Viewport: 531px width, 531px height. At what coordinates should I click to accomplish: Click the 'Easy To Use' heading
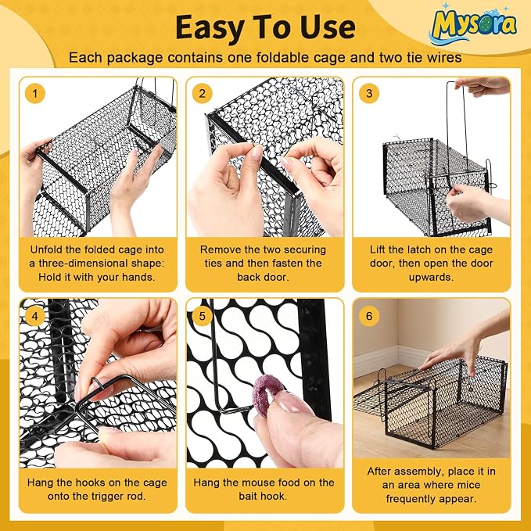(266, 27)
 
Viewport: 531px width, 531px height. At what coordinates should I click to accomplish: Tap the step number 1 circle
(35, 93)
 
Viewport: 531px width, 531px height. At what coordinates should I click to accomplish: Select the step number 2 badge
(203, 93)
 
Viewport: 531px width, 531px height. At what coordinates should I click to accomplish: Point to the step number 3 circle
(369, 93)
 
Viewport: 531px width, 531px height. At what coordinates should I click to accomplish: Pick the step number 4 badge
(35, 316)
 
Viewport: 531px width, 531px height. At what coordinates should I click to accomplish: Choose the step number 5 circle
(203, 316)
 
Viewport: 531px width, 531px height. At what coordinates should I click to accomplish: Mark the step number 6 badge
(369, 316)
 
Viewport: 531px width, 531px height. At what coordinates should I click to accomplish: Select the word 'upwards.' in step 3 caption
(431, 278)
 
